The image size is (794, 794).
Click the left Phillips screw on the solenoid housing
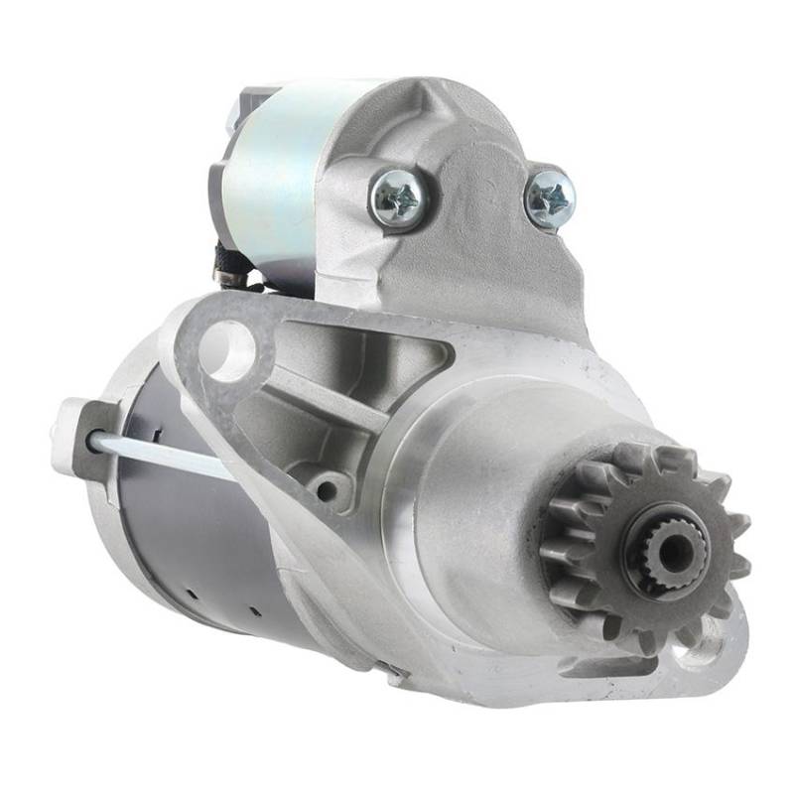(399, 198)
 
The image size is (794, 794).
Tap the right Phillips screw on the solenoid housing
(549, 198)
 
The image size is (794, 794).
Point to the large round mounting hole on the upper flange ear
(230, 349)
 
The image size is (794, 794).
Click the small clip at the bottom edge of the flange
(396, 675)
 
